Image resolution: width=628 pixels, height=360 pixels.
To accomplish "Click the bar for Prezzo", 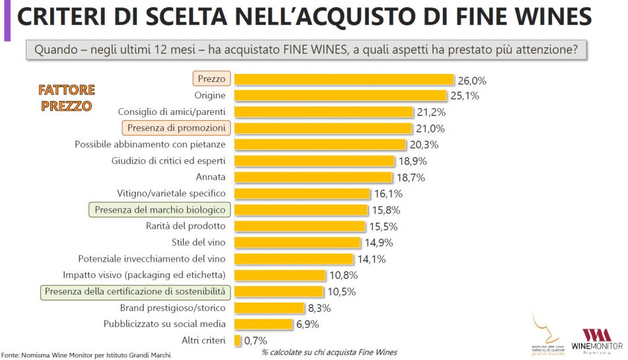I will [x=344, y=79].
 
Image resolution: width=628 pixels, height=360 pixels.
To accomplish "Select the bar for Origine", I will [x=340, y=96].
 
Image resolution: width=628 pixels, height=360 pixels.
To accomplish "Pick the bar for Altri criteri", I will [x=238, y=340].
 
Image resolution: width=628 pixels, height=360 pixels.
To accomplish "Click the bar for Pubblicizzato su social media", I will [x=263, y=324].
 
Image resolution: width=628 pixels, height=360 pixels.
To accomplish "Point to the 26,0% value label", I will [x=472, y=81].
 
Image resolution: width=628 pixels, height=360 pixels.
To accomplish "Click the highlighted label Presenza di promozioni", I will [x=175, y=128].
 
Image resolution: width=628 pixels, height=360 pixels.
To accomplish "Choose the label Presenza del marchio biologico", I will [x=161, y=210].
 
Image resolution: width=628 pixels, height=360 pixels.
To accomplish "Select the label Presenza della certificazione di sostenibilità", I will [x=135, y=291].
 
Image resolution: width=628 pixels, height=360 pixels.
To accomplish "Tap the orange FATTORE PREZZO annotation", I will [x=66, y=98].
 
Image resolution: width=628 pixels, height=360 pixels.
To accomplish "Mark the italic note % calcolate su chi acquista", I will [x=329, y=352].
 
